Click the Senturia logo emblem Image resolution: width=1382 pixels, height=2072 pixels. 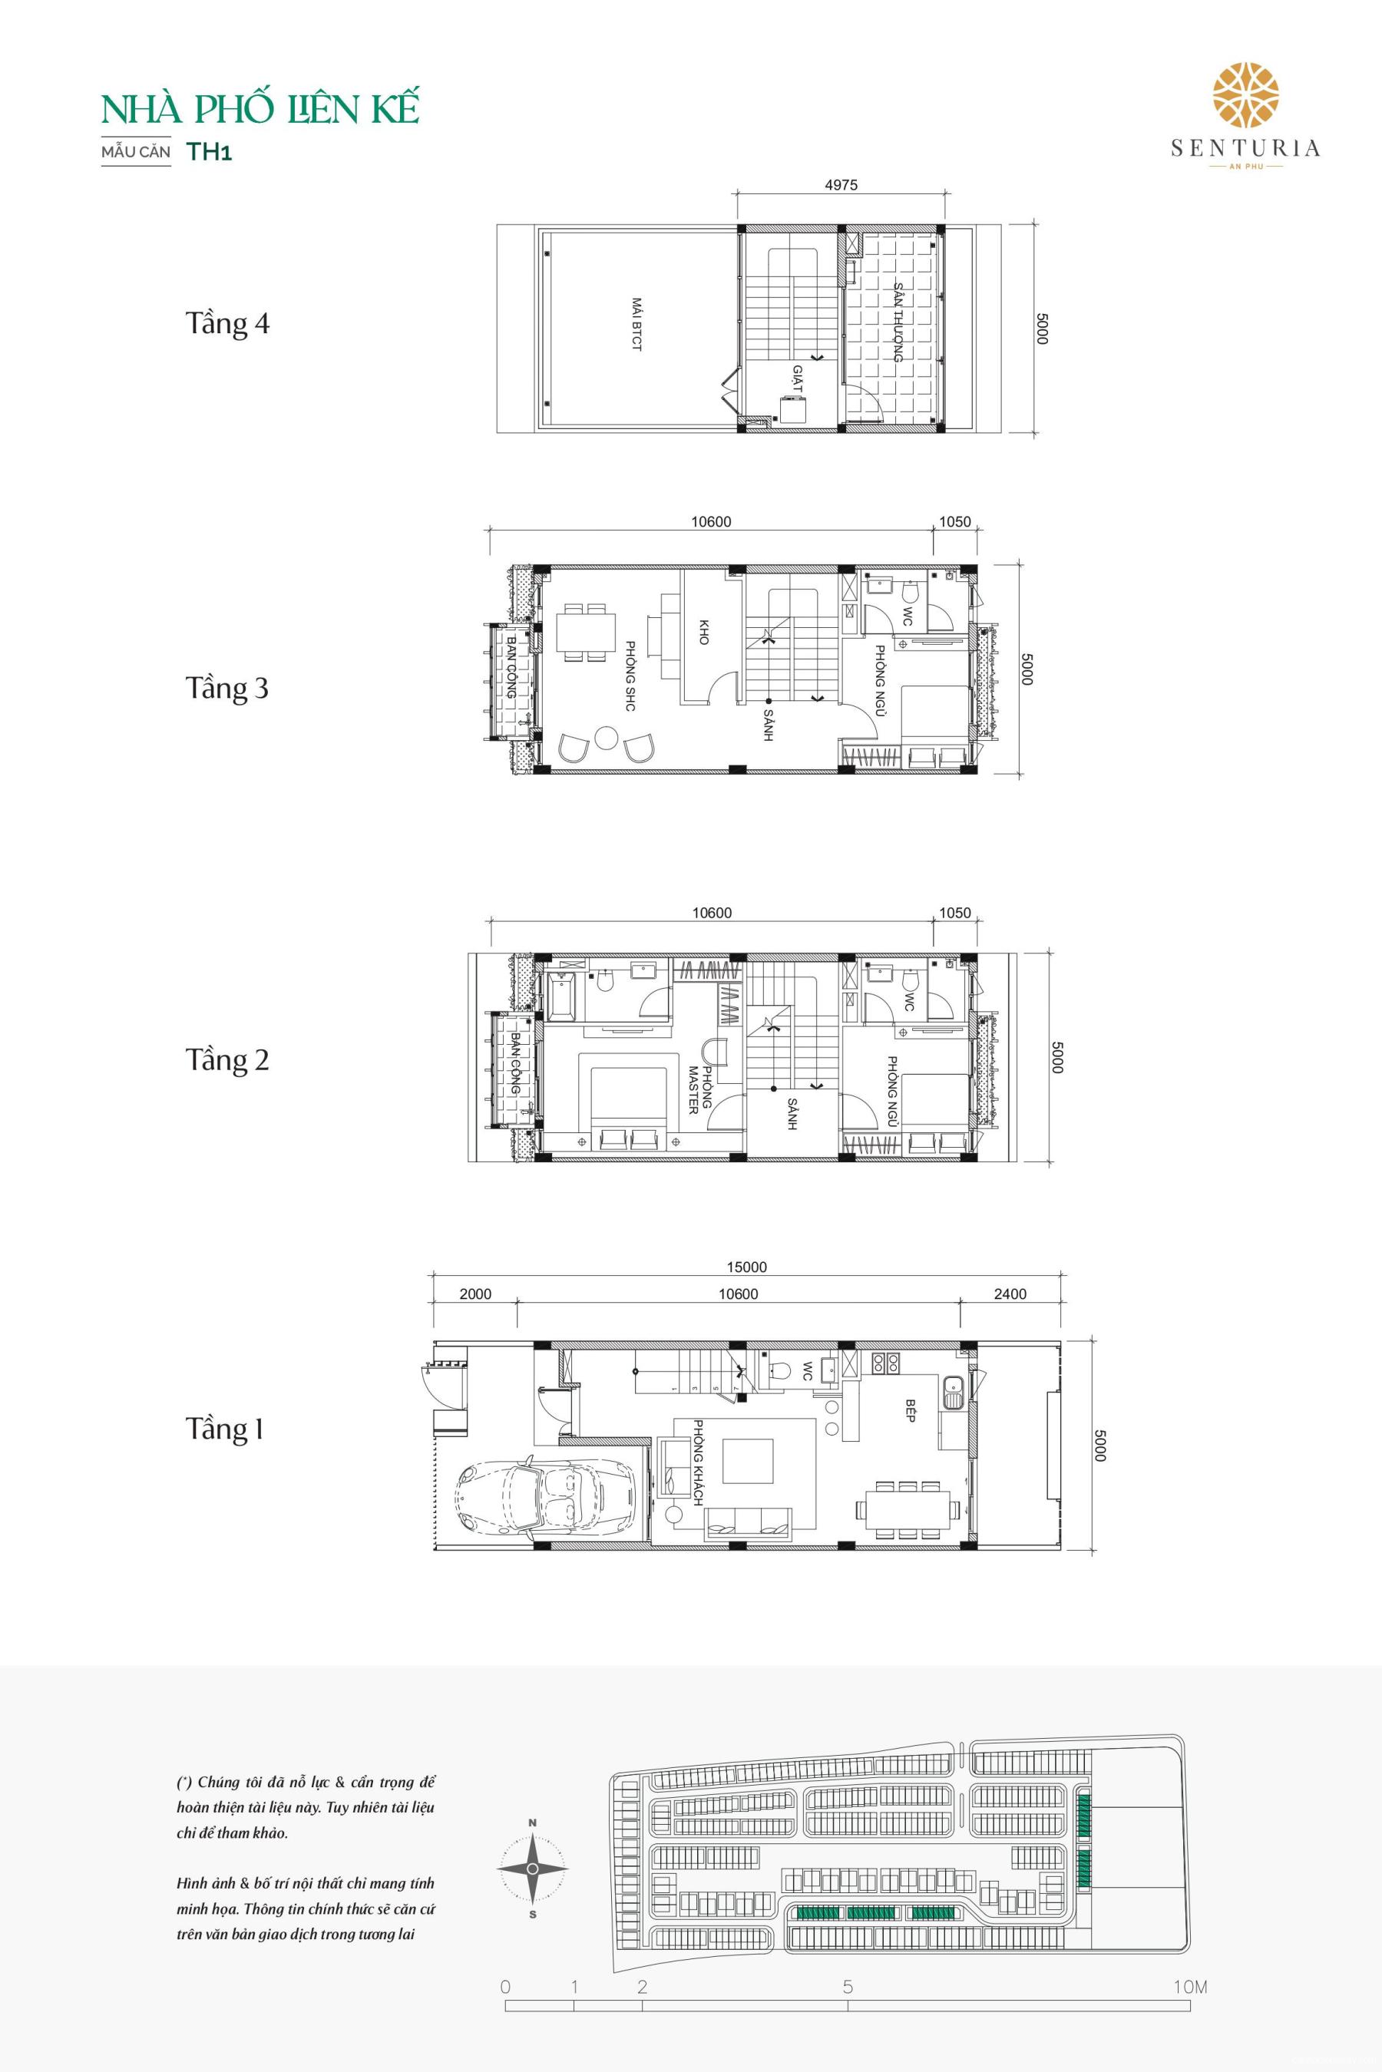(x=1245, y=95)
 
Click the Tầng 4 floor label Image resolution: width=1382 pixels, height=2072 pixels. (x=227, y=323)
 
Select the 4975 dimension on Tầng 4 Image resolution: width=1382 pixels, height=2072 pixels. (x=840, y=186)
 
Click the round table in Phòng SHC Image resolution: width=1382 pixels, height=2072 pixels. (x=606, y=737)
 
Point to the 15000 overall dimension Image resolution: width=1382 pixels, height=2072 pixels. (x=746, y=1267)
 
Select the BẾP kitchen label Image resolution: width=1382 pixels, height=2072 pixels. (x=911, y=1412)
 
